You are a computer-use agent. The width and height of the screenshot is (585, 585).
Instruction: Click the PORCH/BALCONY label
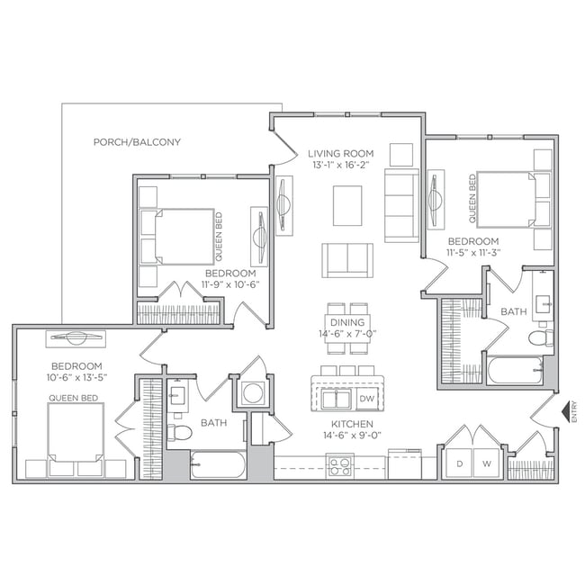point(138,142)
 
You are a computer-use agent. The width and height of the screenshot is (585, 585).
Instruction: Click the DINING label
point(347,322)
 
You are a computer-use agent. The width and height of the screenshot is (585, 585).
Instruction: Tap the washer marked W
point(487,463)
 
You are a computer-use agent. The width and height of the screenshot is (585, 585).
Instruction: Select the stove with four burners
point(339,466)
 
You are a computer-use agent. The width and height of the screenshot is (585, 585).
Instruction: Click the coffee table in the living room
point(347,206)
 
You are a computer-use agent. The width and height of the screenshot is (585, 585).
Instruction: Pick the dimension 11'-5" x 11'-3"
point(473,254)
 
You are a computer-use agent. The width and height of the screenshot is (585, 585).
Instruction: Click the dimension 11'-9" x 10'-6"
point(229,284)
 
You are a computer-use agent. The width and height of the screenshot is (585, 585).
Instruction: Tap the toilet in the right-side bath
point(543,338)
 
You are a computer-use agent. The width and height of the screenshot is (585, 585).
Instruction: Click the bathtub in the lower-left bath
point(218,466)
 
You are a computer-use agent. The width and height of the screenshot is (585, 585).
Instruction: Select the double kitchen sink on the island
point(337,398)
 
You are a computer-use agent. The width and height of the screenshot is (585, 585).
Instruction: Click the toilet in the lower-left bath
point(182,434)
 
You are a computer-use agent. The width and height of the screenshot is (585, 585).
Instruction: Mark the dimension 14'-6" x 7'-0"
point(347,334)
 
